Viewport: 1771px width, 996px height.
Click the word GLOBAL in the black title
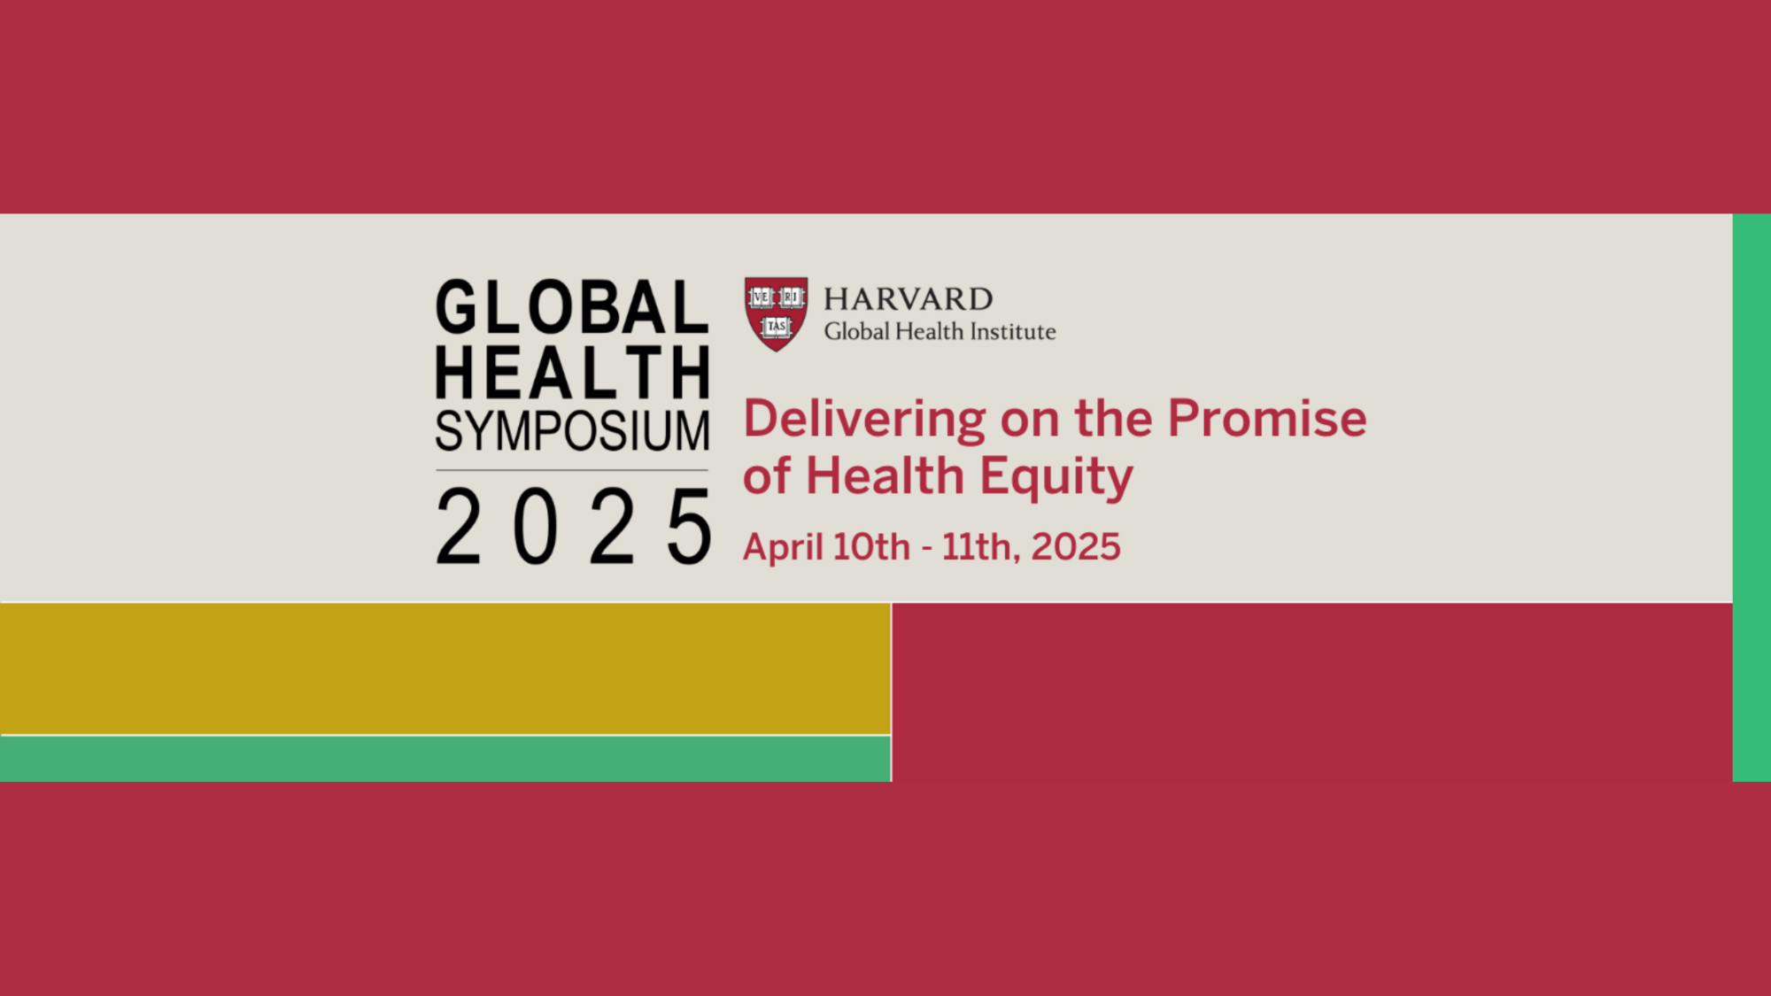point(572,307)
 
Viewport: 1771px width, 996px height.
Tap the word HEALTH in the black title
point(572,372)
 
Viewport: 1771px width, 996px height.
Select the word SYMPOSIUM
point(572,431)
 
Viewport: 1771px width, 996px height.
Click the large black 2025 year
point(574,527)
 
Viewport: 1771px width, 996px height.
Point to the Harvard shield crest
point(776,313)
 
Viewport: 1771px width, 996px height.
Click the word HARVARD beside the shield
point(909,299)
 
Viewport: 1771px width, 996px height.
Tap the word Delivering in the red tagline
point(864,419)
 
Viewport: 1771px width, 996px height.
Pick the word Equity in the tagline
point(1056,477)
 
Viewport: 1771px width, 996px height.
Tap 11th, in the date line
point(980,547)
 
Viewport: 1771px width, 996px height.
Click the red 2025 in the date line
point(1076,546)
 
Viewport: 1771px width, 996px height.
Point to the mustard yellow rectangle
point(445,668)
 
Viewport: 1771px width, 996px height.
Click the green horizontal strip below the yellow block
point(445,759)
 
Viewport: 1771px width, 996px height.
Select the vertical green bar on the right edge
point(1752,498)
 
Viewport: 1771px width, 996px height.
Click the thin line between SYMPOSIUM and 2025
point(572,470)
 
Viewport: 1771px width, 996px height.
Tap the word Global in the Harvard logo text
point(856,332)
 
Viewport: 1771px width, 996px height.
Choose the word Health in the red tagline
point(885,476)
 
